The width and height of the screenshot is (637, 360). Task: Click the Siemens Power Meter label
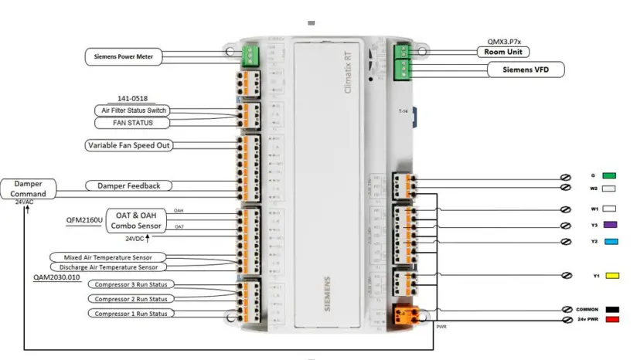pos(122,56)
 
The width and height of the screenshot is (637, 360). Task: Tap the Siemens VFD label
pos(526,70)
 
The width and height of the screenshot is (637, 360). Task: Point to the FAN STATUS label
pos(134,123)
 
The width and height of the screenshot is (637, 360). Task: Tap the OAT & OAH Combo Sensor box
pos(128,219)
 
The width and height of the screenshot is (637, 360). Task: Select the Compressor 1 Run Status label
pos(131,313)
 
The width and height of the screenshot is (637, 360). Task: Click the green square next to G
pos(608,175)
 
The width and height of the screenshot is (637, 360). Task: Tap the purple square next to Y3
pos(608,226)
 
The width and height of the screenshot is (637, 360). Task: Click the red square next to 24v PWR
pos(613,318)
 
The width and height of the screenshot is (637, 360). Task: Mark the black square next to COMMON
pos(613,308)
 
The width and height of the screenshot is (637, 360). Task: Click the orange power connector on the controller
pos(404,314)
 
